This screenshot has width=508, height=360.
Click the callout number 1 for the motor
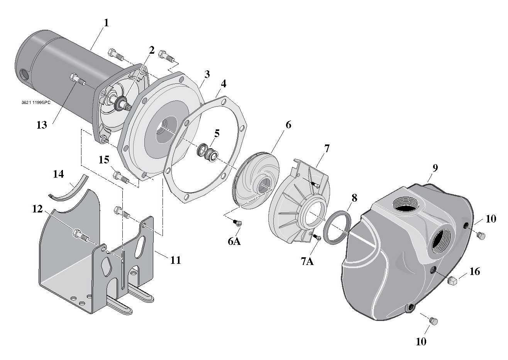(x=106, y=22)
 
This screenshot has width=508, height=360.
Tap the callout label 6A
(x=234, y=241)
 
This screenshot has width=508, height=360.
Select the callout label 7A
(x=307, y=262)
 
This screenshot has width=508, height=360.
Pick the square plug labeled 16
(x=453, y=281)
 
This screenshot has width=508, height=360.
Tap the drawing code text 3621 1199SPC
(x=36, y=103)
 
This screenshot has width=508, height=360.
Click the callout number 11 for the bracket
(x=175, y=260)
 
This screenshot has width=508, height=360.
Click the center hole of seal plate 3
(x=162, y=131)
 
